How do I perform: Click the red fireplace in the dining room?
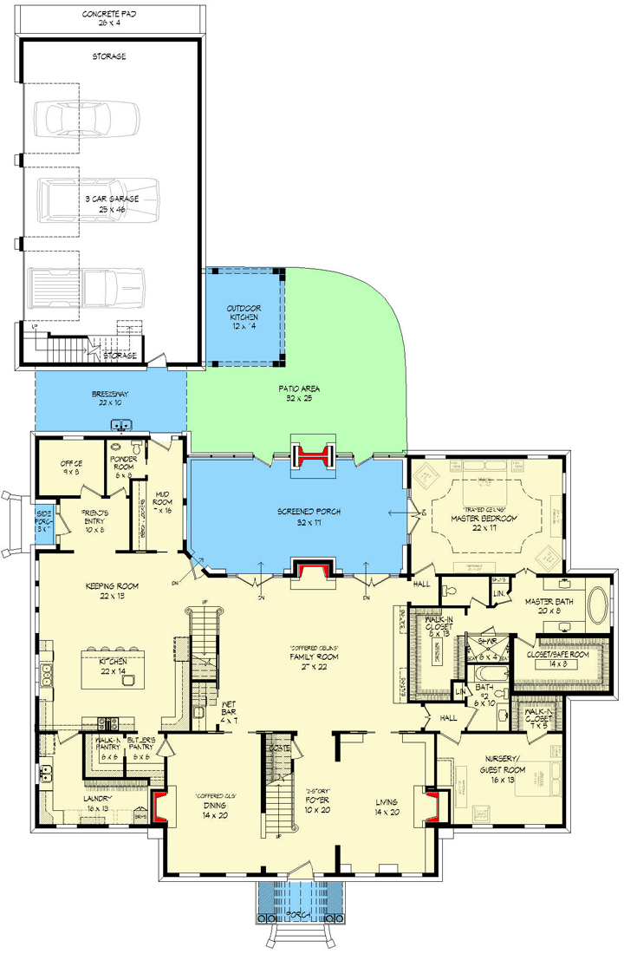(160, 806)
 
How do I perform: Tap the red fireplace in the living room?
(430, 806)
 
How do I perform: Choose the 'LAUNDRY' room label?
(96, 801)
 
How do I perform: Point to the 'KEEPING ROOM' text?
(113, 591)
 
